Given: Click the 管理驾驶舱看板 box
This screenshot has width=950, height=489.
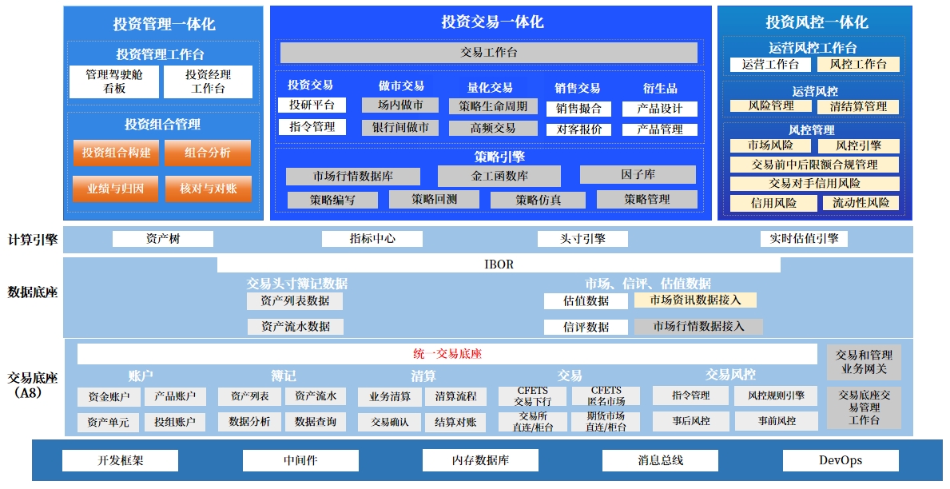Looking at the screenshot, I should [114, 81].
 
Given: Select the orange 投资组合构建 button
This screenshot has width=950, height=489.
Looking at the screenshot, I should [117, 153].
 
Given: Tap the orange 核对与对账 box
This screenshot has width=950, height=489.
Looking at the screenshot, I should [208, 189].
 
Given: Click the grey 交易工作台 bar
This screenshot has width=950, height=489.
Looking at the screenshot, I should [488, 53].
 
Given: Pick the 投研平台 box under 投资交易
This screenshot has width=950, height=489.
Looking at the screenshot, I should [312, 105].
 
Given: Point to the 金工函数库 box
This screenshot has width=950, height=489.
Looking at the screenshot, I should [499, 176].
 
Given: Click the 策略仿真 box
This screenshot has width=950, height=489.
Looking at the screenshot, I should [538, 200].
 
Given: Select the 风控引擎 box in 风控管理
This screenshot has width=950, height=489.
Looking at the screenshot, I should [858, 146].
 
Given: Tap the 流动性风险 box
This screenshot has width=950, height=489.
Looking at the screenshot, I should [861, 203].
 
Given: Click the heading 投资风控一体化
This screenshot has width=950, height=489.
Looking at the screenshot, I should [816, 22].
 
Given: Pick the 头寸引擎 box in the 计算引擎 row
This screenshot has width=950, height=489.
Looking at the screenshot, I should [582, 239].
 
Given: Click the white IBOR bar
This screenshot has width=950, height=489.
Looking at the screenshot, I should [499, 264].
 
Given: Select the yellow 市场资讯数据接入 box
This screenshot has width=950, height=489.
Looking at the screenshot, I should [695, 300].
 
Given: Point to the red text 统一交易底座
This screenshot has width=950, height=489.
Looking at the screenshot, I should [447, 354].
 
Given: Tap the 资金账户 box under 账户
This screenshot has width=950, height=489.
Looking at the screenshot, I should [109, 396].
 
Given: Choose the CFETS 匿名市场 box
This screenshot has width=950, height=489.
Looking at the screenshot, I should [606, 396].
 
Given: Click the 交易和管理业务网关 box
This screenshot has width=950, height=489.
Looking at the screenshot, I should [864, 362].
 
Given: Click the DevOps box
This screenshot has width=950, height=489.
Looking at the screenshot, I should [840, 460].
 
